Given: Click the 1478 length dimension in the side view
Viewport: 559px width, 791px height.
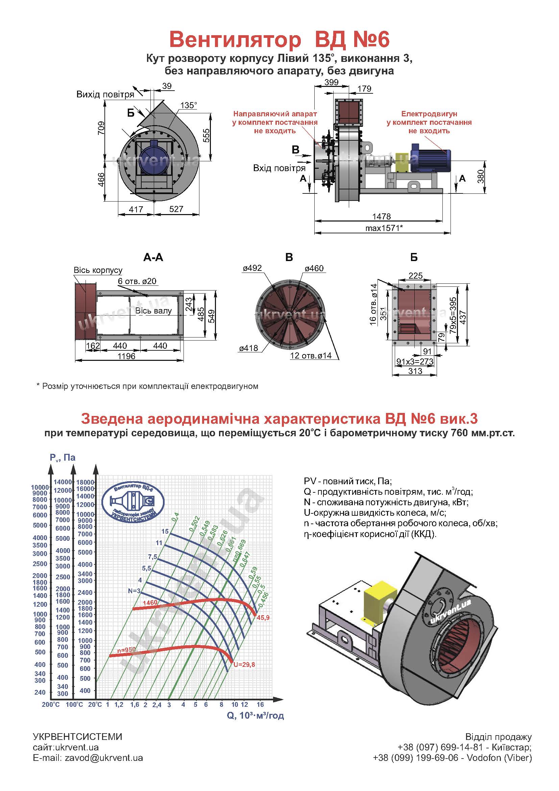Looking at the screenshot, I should coord(381,216).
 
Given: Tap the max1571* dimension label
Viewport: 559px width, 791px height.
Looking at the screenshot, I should coord(384,228).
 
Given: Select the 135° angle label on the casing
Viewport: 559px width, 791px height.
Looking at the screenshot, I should coord(189,105).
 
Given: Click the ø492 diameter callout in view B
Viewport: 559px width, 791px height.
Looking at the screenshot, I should coord(252,268).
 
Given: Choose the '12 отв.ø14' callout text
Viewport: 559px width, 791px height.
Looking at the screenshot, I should coord(311,355).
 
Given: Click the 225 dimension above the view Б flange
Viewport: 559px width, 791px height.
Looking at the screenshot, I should coord(415,275).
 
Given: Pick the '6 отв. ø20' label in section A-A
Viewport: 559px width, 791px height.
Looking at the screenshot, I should coord(137,281).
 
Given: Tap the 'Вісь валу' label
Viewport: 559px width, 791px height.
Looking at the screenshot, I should coord(153,311).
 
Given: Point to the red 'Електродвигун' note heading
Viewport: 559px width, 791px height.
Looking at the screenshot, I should coord(429,114).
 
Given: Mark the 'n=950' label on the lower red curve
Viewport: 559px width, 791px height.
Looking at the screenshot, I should coord(126,650).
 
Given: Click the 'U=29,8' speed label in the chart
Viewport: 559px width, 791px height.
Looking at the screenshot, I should coord(244,665).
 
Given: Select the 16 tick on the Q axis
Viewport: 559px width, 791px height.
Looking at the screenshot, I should coord(260,704).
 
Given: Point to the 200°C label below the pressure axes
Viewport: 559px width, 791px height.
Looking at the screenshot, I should coord(51,704).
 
